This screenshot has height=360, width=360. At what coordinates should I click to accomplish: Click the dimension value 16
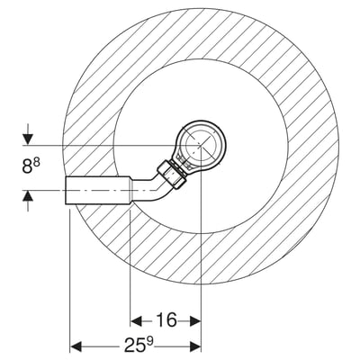(166, 319)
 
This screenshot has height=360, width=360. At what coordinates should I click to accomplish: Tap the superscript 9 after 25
(150, 342)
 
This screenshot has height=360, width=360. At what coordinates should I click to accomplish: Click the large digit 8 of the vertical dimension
(27, 166)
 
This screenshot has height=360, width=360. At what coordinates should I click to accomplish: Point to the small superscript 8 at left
(37, 163)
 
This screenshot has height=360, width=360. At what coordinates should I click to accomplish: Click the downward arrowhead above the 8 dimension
(28, 139)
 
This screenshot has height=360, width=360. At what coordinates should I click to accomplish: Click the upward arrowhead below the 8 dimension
(28, 196)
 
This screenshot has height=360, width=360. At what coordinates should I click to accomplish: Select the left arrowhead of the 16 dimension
(137, 321)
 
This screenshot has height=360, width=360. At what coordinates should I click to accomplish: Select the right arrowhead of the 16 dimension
(195, 321)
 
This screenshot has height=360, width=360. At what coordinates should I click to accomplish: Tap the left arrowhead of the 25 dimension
(76, 346)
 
